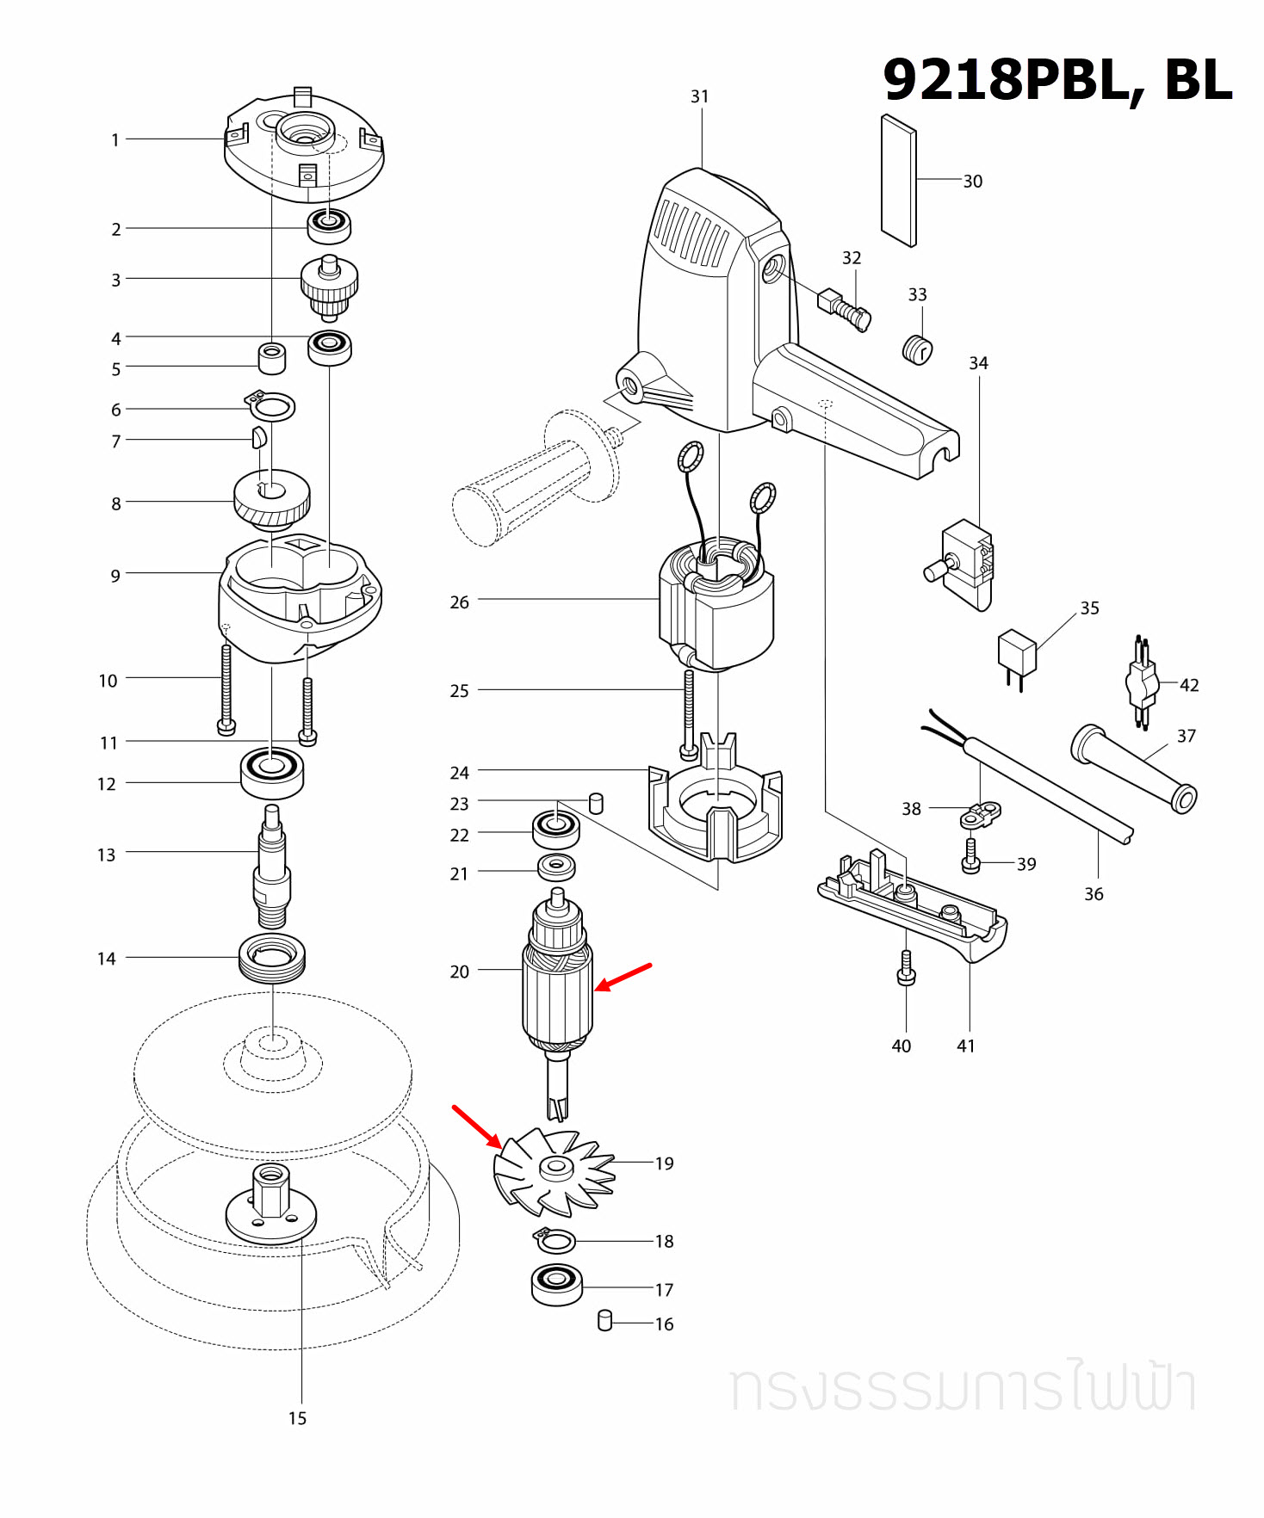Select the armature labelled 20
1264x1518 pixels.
(557, 990)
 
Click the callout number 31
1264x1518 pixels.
(699, 96)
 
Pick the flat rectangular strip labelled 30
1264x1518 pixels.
(898, 181)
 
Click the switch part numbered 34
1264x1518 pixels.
(966, 564)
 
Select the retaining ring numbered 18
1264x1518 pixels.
(555, 1241)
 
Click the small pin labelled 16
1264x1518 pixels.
(604, 1320)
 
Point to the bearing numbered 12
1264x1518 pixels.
(271, 773)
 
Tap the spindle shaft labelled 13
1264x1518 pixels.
(272, 869)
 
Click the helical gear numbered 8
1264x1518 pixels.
(272, 498)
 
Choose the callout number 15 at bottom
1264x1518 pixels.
(297, 1418)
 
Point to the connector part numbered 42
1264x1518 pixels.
(1142, 684)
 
